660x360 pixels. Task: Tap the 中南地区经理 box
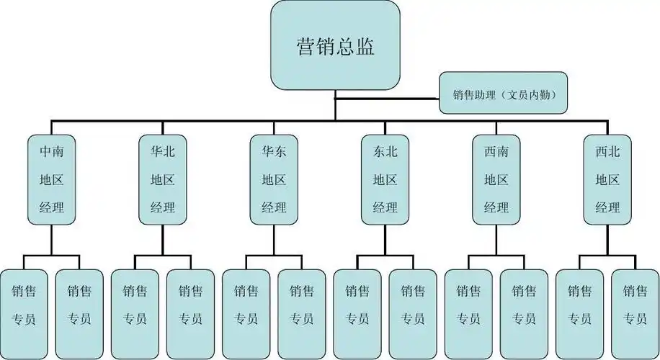pos(52,179)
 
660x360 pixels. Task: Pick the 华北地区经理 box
pos(163,179)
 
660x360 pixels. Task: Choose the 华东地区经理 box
pos(274,179)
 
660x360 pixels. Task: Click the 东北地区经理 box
pos(385,179)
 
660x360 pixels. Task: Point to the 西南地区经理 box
pos(496,179)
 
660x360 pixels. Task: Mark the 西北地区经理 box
pos(607,179)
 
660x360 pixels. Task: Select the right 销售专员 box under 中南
pos(80,305)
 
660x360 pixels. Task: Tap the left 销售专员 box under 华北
pos(135,305)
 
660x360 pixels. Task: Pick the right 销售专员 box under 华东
pos(302,305)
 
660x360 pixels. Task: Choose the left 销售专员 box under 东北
pos(357,305)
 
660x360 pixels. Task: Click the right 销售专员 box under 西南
pos(524,305)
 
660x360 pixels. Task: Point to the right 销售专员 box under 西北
pos(635,305)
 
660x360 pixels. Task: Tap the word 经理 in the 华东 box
pos(274,208)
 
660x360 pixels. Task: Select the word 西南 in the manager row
pos(496,152)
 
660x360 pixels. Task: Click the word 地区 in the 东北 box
pos(385,180)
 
